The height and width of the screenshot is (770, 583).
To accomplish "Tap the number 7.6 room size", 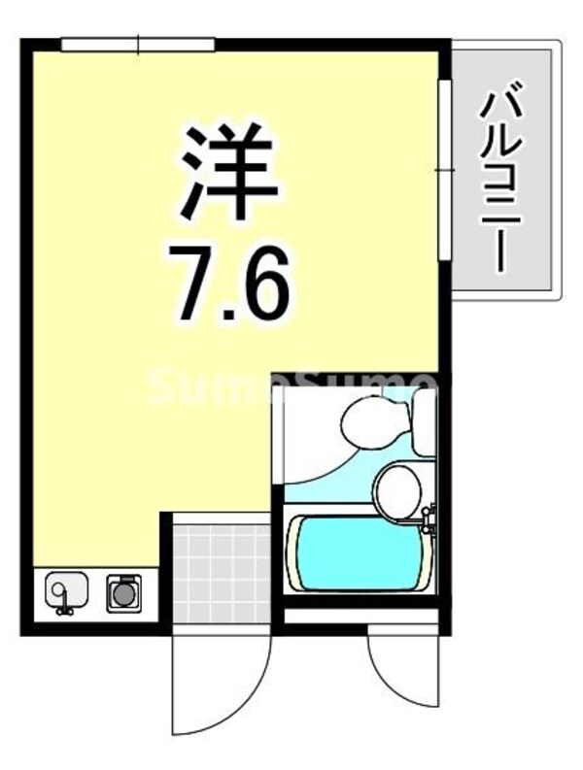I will [229, 282].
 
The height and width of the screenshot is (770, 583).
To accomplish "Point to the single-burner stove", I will [123, 591].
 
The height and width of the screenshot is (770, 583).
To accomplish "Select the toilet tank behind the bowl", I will [425, 420].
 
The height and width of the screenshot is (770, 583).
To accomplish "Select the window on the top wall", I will [137, 44].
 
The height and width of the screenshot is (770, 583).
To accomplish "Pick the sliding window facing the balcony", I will [444, 170].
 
